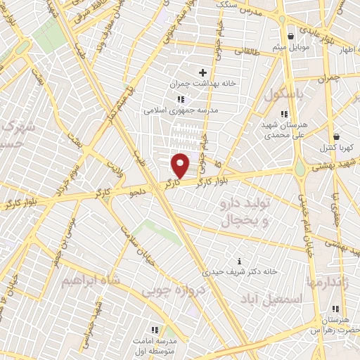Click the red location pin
[181, 165]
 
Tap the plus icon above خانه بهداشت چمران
[203, 72]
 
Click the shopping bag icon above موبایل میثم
[290, 37]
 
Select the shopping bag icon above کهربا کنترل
[337, 136]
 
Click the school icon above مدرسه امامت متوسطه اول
[155, 328]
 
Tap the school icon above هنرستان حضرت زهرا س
[335, 309]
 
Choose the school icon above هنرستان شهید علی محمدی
[284, 113]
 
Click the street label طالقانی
[247, 51]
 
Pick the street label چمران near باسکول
[328, 77]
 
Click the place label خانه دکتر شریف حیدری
[232, 271]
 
